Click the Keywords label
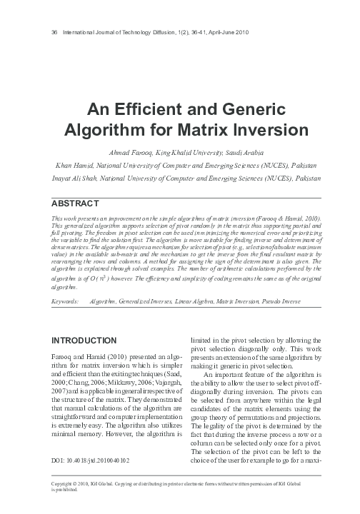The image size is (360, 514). (65, 303)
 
